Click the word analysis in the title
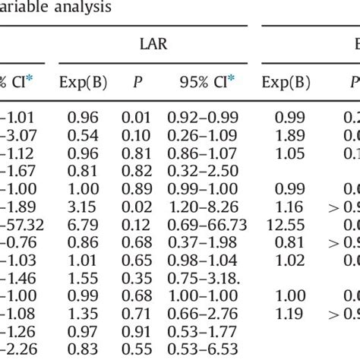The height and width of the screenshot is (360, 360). point(78,8)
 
